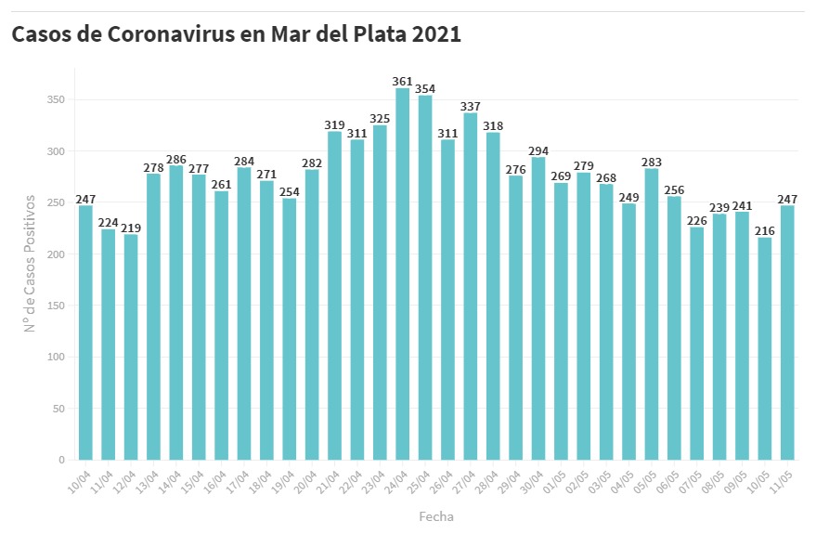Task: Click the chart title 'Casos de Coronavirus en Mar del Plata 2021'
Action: click(236, 34)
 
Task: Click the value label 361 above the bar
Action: click(402, 82)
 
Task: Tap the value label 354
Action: click(425, 89)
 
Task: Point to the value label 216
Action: click(765, 231)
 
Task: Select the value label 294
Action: click(538, 150)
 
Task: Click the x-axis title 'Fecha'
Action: click(436, 516)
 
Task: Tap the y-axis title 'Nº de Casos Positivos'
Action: click(30, 263)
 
